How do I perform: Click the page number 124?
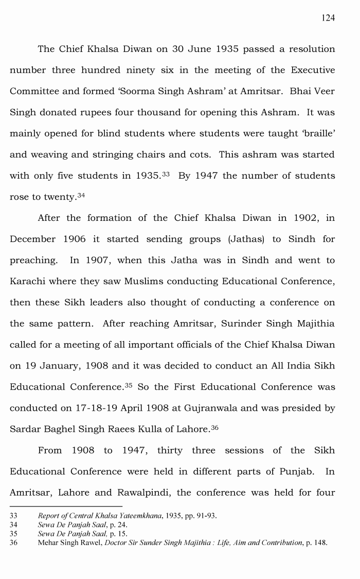pyautogui.click(x=328, y=18)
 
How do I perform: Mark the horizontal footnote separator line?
pyautogui.click(x=66, y=506)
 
